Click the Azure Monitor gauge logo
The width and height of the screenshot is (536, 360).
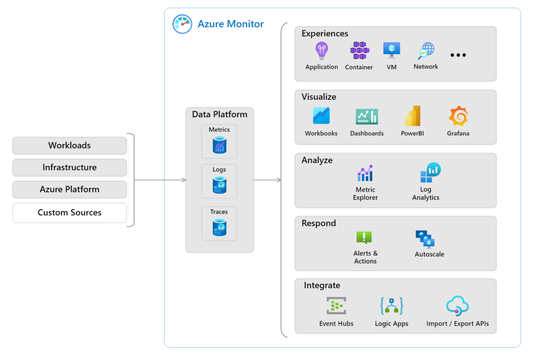(x=182, y=24)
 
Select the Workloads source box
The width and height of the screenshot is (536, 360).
(x=70, y=146)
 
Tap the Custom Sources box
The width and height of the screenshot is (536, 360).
(x=70, y=213)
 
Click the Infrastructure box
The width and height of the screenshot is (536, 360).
(x=70, y=167)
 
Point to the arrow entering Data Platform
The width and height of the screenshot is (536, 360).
(x=183, y=180)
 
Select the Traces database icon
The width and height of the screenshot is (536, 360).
(x=219, y=228)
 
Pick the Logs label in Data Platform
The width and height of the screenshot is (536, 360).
(x=219, y=170)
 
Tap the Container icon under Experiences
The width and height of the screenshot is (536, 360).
(x=359, y=51)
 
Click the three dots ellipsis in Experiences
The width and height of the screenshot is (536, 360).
(x=458, y=55)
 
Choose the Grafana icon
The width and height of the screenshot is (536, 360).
(x=458, y=116)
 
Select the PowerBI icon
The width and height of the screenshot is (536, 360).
(x=412, y=116)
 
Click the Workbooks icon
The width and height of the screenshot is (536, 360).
(x=321, y=116)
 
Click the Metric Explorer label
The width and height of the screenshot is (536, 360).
(x=365, y=193)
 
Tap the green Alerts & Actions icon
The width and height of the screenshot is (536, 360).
(x=364, y=238)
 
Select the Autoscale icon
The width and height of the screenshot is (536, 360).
(x=425, y=239)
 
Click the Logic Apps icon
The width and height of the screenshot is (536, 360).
(x=392, y=306)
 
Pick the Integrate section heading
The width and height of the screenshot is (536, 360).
(x=322, y=285)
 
